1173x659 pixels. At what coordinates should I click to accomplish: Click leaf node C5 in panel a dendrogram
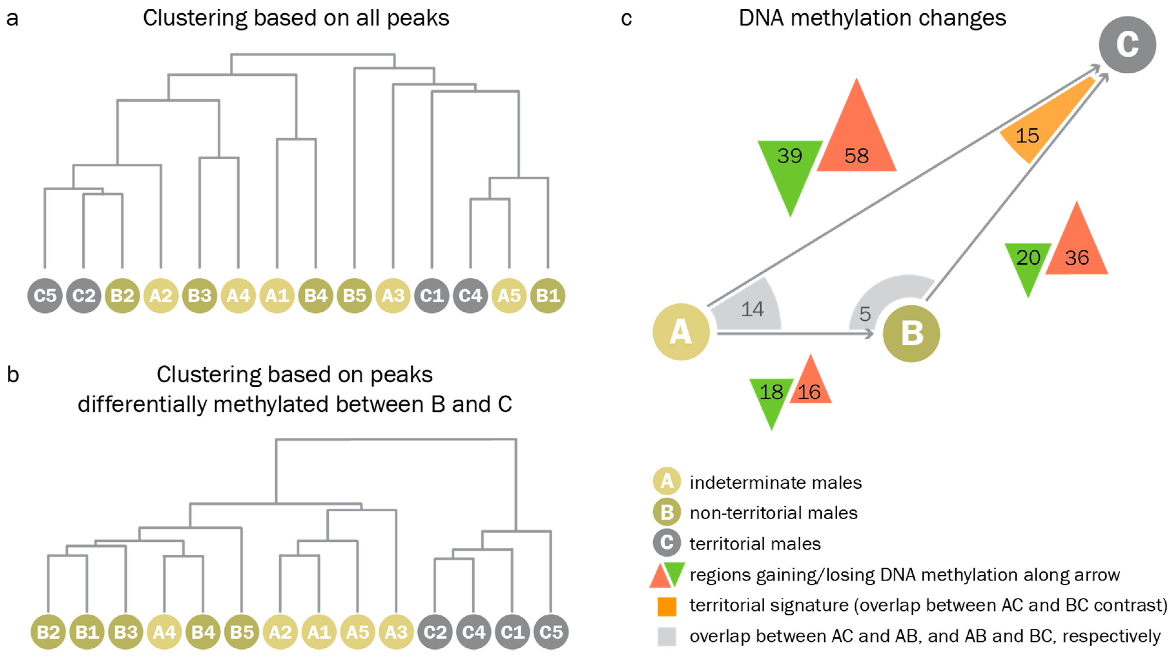click(x=45, y=296)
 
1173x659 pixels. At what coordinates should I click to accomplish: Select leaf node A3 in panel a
click(x=393, y=296)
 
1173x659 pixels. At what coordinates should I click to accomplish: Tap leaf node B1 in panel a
click(x=548, y=296)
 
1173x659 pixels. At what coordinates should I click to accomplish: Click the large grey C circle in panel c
click(x=1127, y=45)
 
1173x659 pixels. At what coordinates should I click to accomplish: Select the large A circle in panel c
click(x=681, y=332)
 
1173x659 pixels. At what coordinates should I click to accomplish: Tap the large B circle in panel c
click(x=911, y=334)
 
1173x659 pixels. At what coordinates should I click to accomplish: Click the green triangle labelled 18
click(x=771, y=396)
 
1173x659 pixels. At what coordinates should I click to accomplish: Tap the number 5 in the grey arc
click(x=865, y=314)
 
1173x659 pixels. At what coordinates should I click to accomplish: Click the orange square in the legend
click(x=667, y=606)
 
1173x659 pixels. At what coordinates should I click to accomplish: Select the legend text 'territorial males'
click(x=755, y=544)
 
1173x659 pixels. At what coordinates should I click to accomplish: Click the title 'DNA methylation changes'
click(x=872, y=18)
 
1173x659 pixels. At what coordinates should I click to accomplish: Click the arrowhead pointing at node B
click(x=869, y=334)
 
